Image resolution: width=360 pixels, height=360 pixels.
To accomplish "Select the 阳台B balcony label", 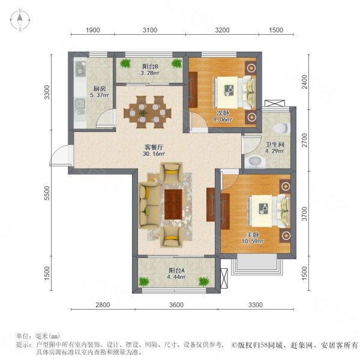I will click(149, 67).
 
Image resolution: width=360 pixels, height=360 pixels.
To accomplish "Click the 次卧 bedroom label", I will click(223, 112).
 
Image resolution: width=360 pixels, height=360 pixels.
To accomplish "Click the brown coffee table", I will click(173, 204).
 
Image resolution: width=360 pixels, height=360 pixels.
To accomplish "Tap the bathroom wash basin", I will click(254, 161).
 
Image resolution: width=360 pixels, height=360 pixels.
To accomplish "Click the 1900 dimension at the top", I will click(92, 30).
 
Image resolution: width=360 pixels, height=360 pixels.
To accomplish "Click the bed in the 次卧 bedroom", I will click(234, 90).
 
